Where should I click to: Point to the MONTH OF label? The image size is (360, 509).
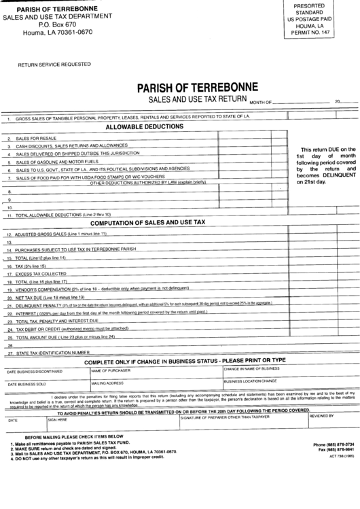(261, 101)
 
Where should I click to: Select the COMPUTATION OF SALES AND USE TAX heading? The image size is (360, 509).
(147, 223)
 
